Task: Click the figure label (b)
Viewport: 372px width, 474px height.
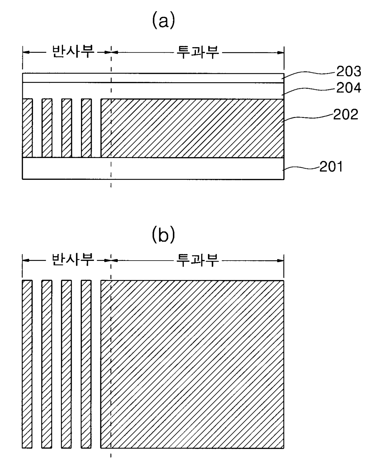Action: [163, 235]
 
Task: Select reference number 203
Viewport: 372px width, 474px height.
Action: [348, 71]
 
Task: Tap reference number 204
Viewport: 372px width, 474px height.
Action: [348, 88]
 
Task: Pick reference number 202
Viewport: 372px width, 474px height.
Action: [346, 115]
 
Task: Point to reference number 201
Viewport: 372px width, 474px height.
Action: [331, 167]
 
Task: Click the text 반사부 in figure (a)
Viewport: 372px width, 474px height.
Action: [73, 52]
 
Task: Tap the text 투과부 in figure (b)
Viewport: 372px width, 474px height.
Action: [198, 260]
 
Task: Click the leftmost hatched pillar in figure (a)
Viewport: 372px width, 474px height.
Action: [27, 128]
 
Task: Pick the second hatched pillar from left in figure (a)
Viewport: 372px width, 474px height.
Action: [47, 128]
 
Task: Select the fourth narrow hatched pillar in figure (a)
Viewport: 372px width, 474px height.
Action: [86, 128]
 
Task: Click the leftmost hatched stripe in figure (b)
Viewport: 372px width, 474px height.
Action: [27, 364]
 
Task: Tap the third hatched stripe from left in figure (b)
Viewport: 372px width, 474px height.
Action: [66, 364]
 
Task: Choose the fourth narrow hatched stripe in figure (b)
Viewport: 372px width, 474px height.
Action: [86, 364]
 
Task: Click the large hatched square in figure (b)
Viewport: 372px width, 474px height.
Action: [192, 364]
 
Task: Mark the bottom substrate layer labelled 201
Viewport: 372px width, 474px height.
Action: [153, 168]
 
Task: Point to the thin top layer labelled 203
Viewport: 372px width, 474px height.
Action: [153, 78]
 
